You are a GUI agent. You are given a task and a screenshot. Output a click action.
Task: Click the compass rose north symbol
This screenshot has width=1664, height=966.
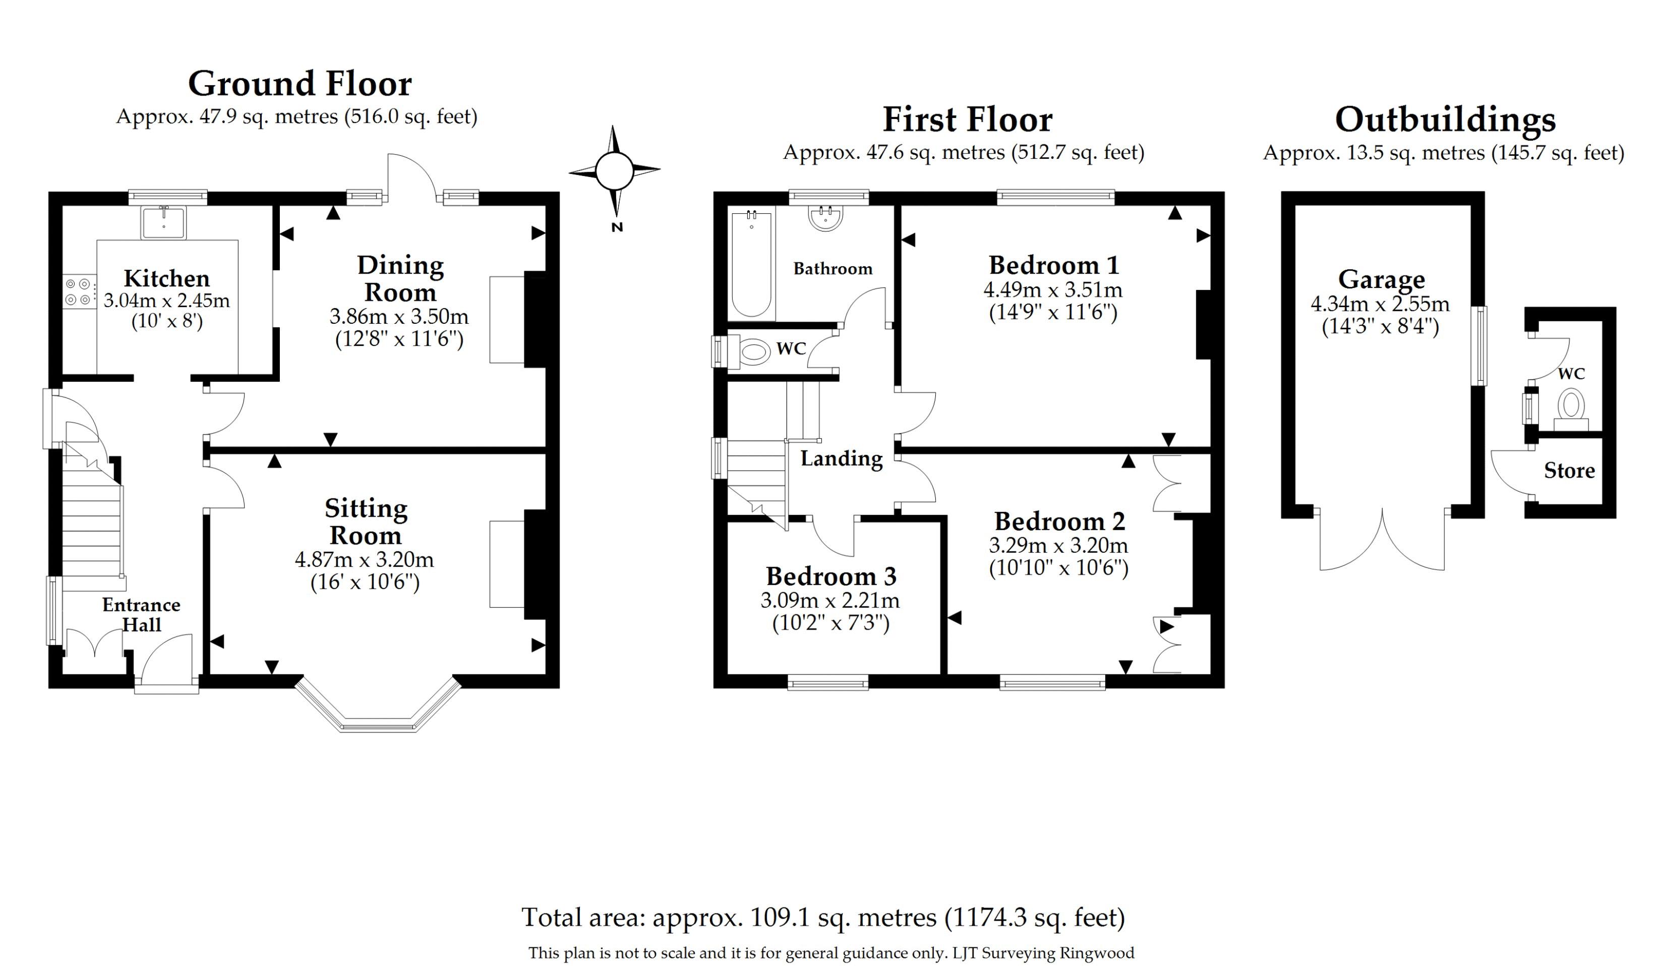(615, 171)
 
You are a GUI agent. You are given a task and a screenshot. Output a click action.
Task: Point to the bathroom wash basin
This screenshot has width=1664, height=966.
(825, 217)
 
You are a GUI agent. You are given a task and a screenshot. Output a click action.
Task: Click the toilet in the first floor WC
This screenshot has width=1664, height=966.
(753, 352)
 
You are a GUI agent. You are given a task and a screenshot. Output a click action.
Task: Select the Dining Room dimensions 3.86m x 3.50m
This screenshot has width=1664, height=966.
(399, 316)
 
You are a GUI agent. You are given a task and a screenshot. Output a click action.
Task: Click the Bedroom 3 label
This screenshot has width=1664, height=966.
(830, 577)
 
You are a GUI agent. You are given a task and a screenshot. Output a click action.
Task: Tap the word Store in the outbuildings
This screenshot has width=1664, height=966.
(1569, 471)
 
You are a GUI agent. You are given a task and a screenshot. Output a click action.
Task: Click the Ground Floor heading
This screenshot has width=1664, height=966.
(300, 84)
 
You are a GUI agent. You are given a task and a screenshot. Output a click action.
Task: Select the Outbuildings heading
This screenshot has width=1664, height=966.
(1445, 120)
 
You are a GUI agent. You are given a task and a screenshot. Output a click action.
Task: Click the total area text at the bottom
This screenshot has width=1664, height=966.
(823, 917)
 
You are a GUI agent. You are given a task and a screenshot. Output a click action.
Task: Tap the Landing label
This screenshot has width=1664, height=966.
(841, 458)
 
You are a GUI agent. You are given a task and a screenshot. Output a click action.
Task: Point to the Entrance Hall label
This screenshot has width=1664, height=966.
(141, 614)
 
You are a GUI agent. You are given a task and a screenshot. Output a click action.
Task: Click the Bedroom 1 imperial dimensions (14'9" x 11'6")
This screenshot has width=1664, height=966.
(1052, 312)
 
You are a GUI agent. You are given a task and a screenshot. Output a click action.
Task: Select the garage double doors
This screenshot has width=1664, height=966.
(1382, 542)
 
